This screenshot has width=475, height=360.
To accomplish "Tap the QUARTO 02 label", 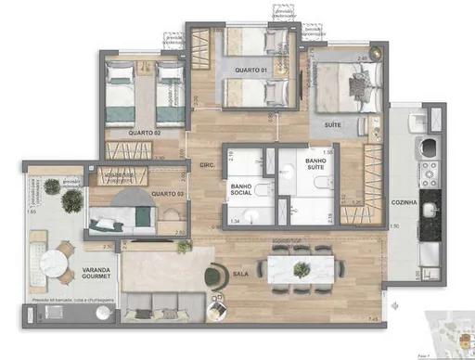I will (127, 133).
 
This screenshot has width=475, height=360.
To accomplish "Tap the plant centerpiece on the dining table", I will (302, 269).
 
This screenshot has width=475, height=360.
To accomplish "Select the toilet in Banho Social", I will (263, 191).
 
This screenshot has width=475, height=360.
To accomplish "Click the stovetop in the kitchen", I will (430, 174).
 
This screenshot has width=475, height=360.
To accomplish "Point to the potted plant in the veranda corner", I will (53, 186).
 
